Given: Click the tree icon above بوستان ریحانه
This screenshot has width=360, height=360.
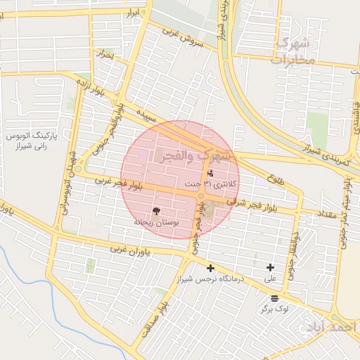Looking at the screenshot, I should coord(156,210).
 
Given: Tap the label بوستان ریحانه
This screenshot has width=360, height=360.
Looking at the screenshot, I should coord(157,221).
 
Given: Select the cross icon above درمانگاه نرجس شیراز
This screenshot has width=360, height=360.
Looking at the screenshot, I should coord(210,268).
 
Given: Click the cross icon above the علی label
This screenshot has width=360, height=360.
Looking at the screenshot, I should coord(270,267).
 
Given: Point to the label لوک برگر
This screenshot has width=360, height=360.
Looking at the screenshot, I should coord(274,309).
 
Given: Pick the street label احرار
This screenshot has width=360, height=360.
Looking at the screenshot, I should coord(105,53).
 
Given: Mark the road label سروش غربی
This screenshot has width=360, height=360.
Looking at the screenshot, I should coord(182,38).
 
